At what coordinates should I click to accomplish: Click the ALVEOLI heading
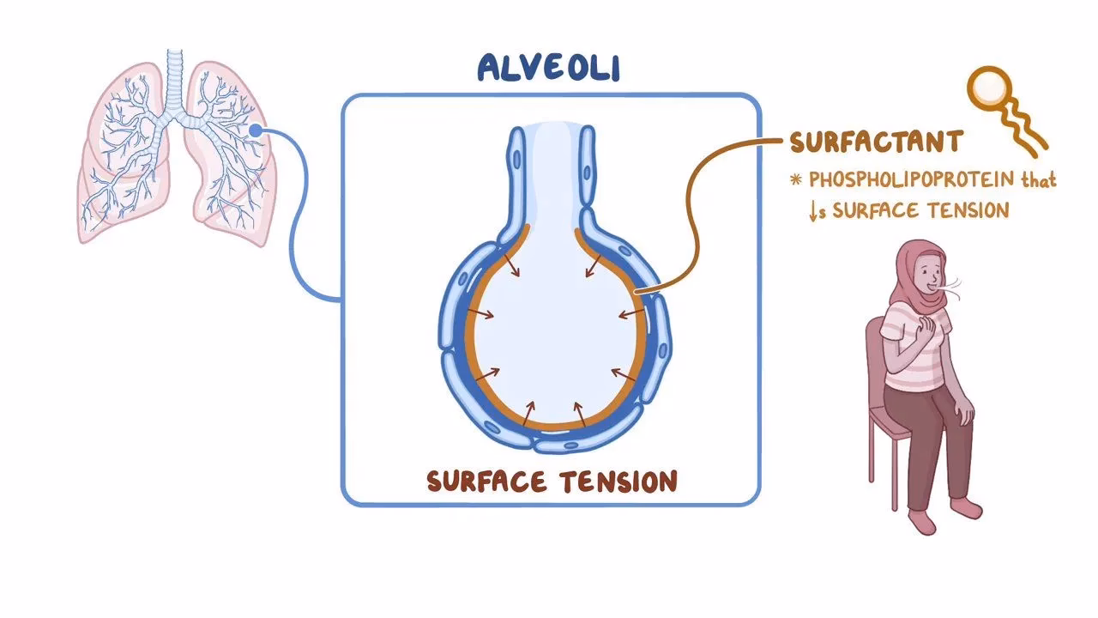coord(548,68)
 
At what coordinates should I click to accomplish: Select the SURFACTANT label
coord(876,142)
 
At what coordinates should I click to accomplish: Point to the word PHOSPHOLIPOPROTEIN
coord(909,182)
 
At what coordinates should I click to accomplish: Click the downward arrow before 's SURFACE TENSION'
coord(812,210)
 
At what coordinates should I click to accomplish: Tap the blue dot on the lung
coord(255,130)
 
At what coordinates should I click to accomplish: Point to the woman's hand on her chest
coord(926,327)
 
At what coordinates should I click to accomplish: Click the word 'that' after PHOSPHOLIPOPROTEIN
coord(1038,182)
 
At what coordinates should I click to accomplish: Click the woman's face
coord(930,275)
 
